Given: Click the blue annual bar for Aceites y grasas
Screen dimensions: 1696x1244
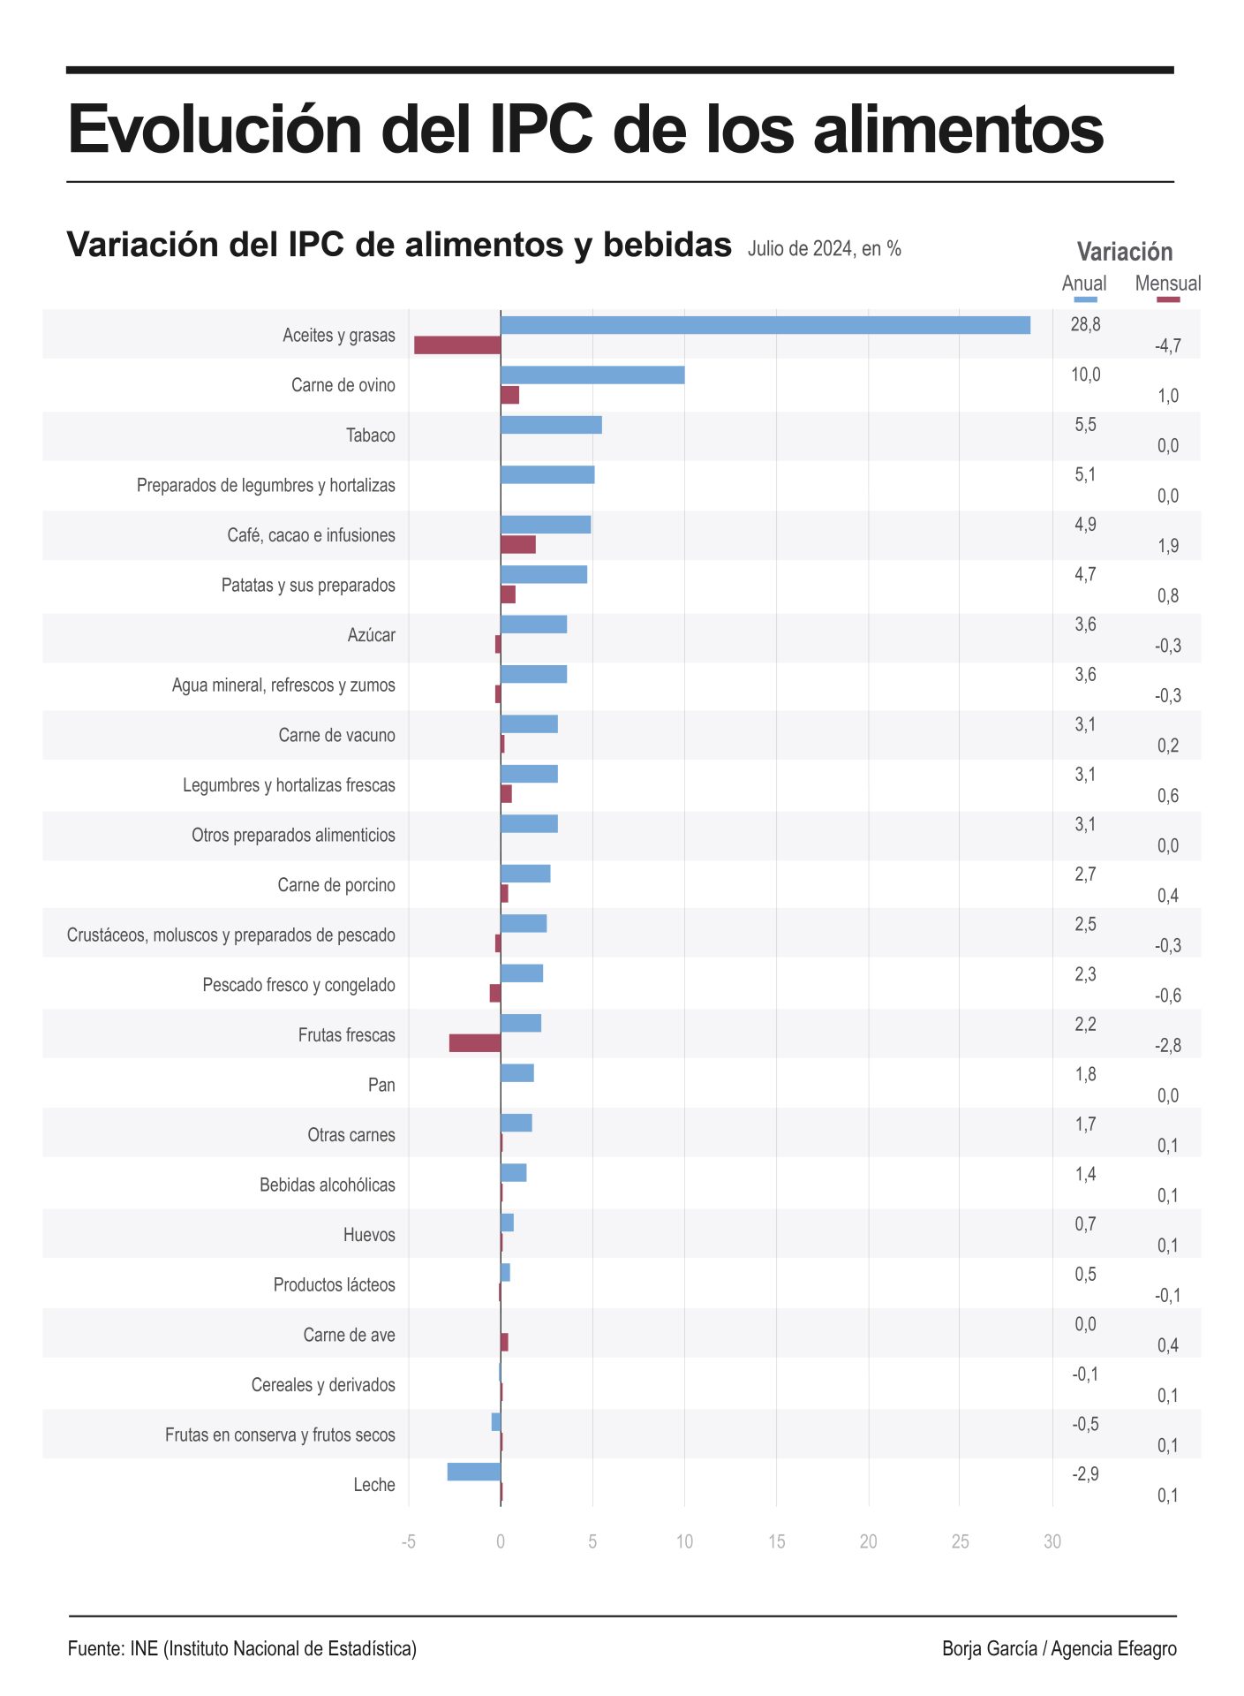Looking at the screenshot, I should [x=765, y=325].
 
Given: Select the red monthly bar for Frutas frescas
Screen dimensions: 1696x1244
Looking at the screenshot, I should [x=474, y=1043].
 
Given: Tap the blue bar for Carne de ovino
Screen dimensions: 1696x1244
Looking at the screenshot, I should [x=592, y=375].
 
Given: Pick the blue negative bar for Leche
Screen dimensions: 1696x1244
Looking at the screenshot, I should [x=473, y=1472].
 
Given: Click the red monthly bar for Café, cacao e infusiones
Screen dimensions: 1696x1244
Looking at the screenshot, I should [x=517, y=544].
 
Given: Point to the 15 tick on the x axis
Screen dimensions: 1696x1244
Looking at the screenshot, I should [x=776, y=1541].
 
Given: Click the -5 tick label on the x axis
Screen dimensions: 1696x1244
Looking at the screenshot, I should [x=408, y=1541].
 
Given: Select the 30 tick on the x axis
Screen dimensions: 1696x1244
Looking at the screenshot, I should [x=1052, y=1541].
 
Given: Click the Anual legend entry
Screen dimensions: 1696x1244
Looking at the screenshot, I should [x=1083, y=284].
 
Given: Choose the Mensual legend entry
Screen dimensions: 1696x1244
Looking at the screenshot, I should [x=1167, y=284].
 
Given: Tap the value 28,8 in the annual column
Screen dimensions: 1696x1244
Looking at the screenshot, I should [x=1085, y=324].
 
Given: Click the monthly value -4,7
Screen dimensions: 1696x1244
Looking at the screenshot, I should [x=1167, y=346].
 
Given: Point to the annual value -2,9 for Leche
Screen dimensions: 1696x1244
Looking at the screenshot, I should [x=1085, y=1473].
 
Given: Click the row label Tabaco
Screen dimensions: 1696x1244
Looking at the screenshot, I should [x=370, y=435].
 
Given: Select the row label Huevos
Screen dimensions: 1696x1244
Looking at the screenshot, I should [x=369, y=1235].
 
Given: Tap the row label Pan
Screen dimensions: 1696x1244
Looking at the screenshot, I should [x=381, y=1085].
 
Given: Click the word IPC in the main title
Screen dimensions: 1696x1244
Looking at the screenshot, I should [x=541, y=129].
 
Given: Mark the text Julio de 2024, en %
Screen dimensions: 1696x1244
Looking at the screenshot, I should [x=824, y=249].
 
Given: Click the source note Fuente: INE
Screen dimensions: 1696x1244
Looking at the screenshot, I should [x=242, y=1648].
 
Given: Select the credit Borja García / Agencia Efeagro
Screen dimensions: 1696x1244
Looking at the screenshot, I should [x=1059, y=1648].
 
